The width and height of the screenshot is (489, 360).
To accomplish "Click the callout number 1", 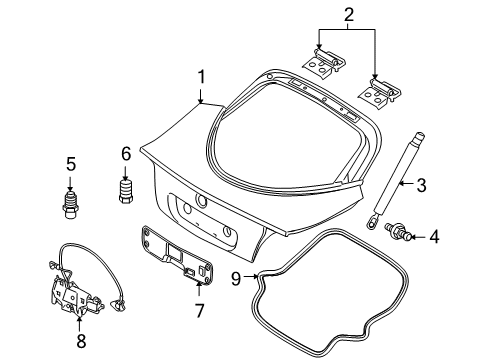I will [x=201, y=76].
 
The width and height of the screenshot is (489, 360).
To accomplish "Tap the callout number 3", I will [x=421, y=183].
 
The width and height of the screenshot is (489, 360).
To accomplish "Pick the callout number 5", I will [x=71, y=162].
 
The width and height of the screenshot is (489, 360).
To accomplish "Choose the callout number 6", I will [x=126, y=153].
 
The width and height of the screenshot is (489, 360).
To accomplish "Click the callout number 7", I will [x=198, y=311].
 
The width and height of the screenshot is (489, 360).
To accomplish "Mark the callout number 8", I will [x=81, y=339].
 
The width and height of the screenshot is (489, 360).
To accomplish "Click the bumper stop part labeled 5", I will [x=71, y=205].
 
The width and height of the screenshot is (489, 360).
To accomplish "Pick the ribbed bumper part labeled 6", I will [x=126, y=192].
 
